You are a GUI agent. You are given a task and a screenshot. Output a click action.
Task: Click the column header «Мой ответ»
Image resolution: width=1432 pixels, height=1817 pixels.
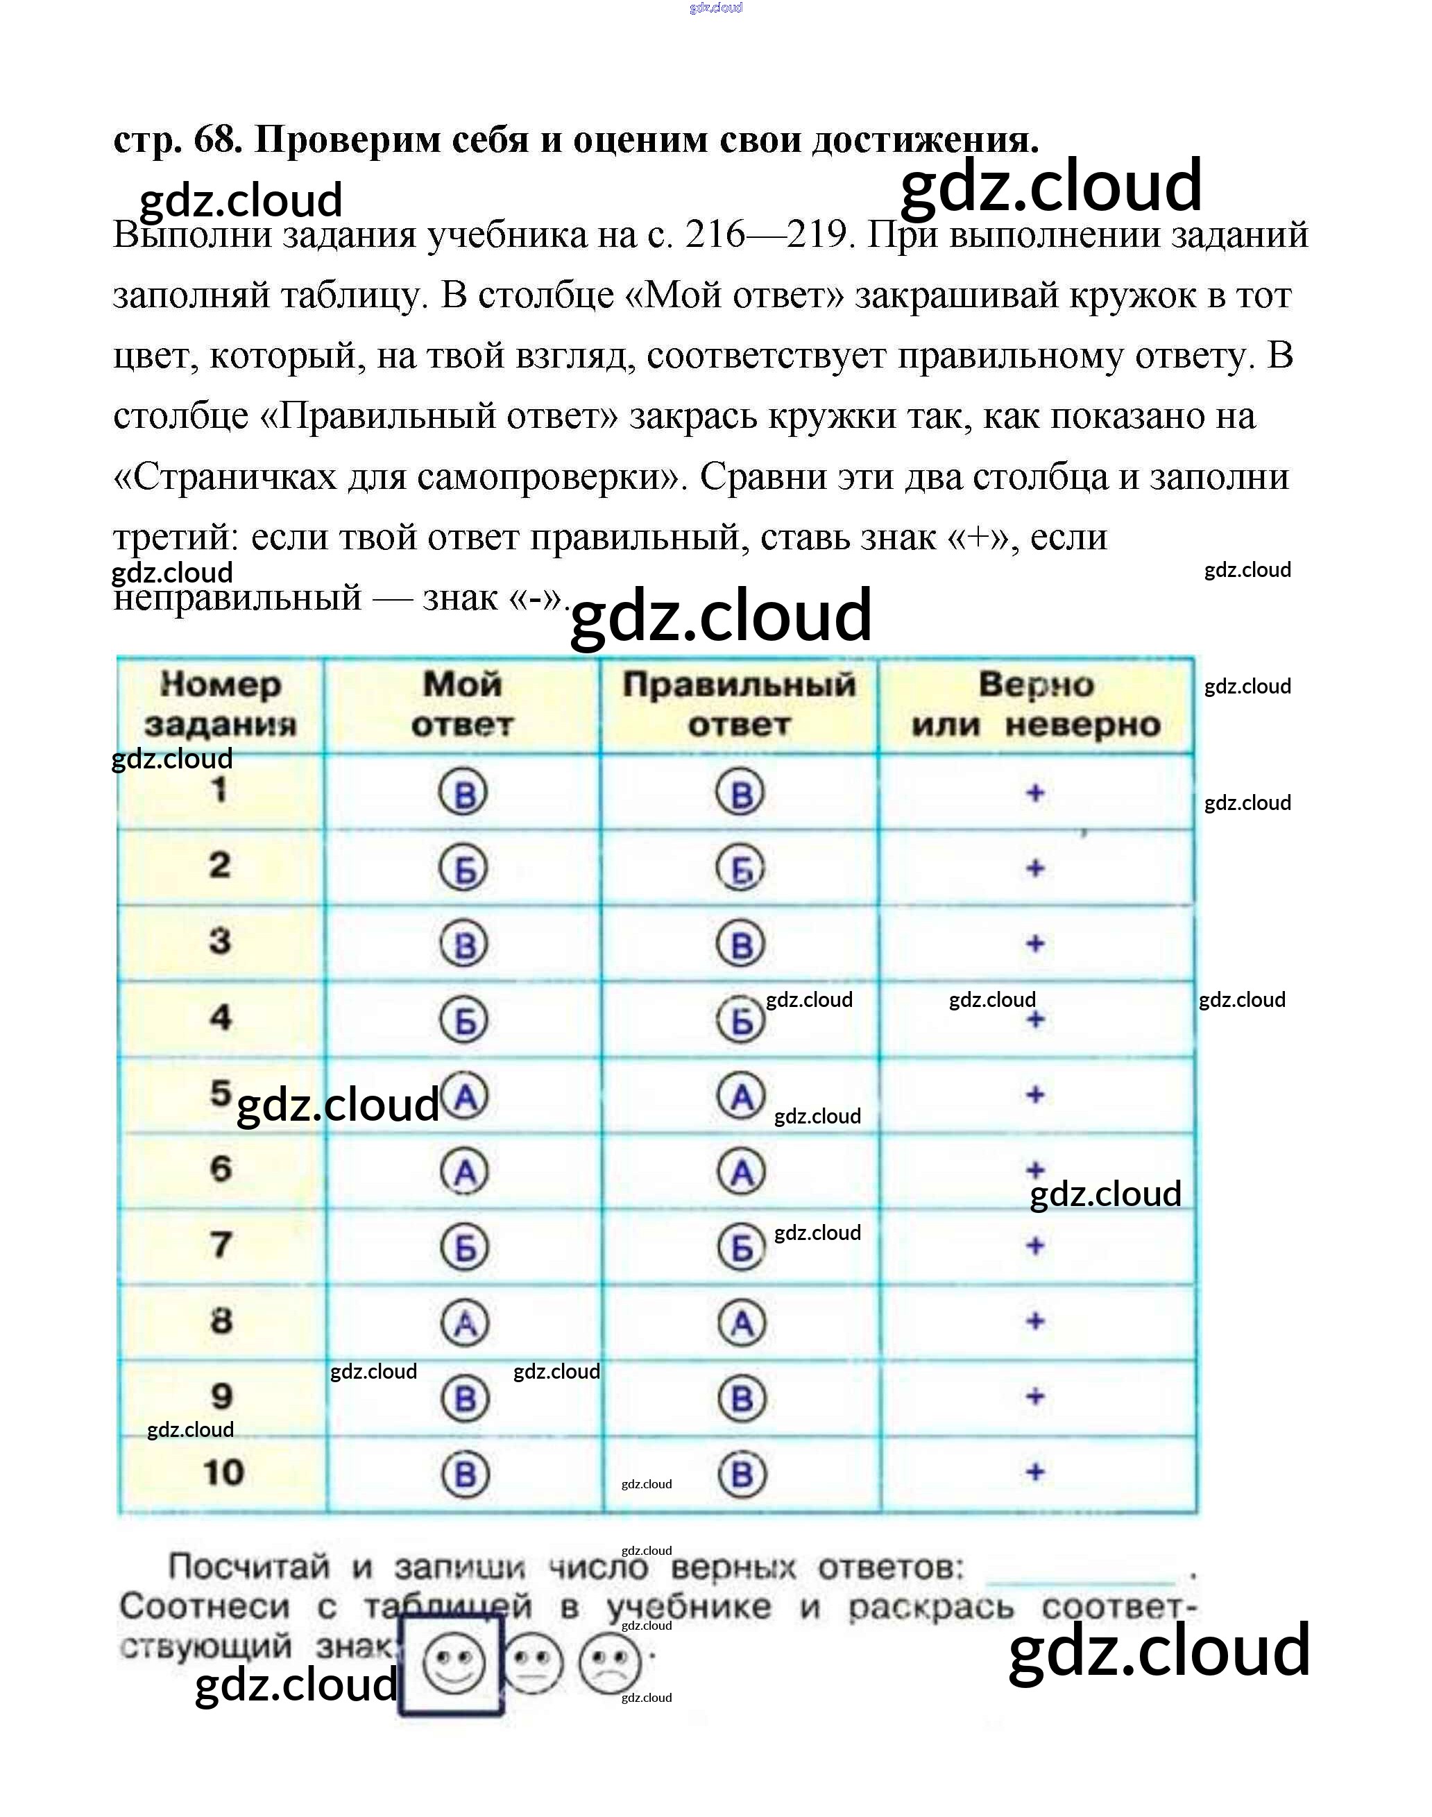[x=462, y=704]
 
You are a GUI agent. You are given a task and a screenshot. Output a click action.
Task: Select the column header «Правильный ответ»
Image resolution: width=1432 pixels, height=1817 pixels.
[x=739, y=704]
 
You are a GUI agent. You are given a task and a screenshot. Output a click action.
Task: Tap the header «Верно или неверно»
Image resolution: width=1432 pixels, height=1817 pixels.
[x=1037, y=704]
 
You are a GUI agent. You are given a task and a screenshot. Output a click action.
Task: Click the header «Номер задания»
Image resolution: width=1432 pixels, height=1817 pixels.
[x=221, y=704]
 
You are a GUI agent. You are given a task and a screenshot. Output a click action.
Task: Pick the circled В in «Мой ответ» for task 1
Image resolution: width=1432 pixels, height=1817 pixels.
[x=463, y=793]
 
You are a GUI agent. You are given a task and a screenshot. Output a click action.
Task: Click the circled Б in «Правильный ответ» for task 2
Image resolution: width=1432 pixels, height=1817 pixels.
[x=740, y=868]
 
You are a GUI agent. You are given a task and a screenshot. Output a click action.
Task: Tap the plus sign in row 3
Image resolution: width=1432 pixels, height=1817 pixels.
[x=1035, y=944]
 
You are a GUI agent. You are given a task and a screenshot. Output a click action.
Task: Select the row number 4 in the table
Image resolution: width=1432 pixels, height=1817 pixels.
[x=221, y=1017]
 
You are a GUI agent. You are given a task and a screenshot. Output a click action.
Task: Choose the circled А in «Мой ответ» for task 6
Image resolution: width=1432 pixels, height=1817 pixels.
[x=464, y=1171]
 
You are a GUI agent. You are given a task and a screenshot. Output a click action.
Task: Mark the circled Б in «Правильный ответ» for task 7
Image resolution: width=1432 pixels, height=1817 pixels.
[x=741, y=1247]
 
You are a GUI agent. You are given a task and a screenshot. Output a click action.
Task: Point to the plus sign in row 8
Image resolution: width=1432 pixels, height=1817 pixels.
[x=1035, y=1322]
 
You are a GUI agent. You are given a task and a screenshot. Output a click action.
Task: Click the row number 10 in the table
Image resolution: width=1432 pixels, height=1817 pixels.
[x=223, y=1472]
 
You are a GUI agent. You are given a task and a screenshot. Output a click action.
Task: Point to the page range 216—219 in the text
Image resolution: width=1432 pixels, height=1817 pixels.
[x=769, y=234]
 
